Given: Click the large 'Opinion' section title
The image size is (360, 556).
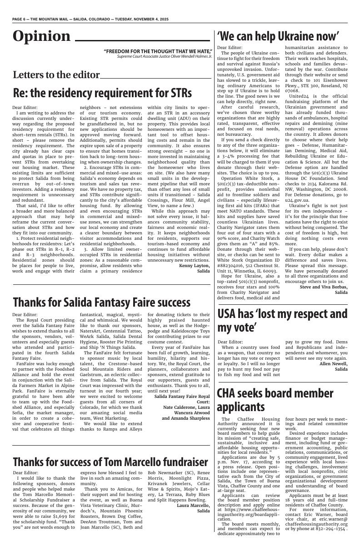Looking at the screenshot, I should (x=41, y=36).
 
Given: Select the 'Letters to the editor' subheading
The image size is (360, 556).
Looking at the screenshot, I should (x=56, y=75).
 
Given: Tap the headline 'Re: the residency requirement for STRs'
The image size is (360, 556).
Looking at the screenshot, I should (x=102, y=93).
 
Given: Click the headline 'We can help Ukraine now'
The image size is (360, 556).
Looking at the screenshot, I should (x=278, y=36).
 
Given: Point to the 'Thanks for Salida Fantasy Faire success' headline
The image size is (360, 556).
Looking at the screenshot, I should (x=101, y=302).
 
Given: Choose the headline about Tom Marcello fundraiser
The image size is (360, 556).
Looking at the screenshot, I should (x=110, y=462).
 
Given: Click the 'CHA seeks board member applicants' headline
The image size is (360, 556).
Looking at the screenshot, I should (x=269, y=399).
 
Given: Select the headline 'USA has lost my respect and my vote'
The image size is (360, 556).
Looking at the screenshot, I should (x=282, y=320).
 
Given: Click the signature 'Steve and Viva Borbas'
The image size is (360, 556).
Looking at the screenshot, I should (x=324, y=287).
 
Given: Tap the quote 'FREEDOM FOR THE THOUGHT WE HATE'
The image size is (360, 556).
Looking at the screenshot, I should (x=158, y=51).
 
